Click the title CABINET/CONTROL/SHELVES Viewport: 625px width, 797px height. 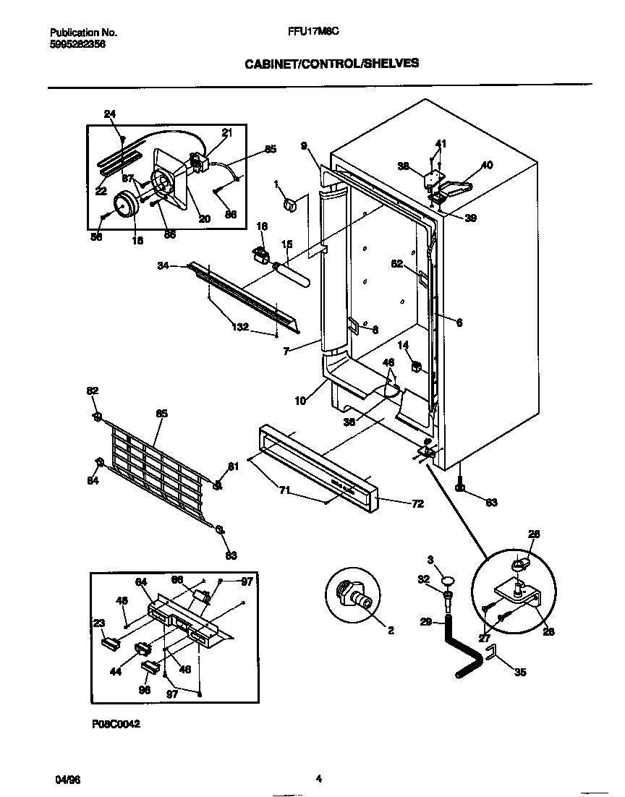pyautogui.click(x=331, y=64)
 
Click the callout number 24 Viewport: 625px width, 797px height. pyautogui.click(x=109, y=114)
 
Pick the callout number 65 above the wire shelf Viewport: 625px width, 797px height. pyautogui.click(x=161, y=414)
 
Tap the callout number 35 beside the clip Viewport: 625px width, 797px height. pyautogui.click(x=519, y=673)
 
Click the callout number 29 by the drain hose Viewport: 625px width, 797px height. pyautogui.click(x=426, y=621)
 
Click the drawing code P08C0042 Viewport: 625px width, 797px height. pyautogui.click(x=115, y=723)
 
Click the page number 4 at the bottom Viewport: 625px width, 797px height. pyautogui.click(x=318, y=779)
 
